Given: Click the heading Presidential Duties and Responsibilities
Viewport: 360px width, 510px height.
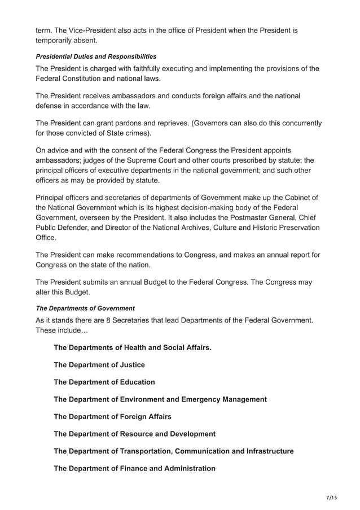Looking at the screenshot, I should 96,57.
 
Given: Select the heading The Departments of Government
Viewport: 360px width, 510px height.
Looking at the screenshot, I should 85,308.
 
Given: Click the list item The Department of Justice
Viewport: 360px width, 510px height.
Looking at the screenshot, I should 99,365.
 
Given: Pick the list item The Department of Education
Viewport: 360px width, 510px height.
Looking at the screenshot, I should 104,382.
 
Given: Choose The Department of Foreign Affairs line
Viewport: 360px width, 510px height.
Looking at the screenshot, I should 112,416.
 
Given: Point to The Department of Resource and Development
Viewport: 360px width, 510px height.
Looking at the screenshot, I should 134,434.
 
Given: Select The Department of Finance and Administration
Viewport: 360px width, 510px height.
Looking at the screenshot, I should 134,468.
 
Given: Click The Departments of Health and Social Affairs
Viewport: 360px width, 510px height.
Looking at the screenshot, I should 133,347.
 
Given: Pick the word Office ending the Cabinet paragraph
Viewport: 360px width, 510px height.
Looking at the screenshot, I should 46,238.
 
